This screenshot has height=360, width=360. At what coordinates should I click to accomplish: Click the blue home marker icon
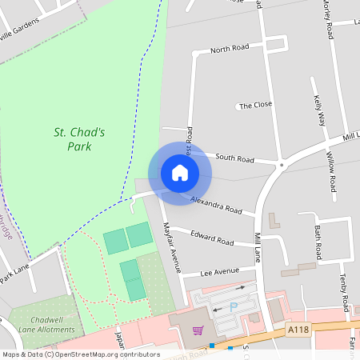179,173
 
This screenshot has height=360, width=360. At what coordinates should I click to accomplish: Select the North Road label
230,50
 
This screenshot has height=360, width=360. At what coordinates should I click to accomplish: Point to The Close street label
256,105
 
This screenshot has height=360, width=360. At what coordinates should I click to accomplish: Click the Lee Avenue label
220,271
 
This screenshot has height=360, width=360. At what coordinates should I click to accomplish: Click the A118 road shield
298,328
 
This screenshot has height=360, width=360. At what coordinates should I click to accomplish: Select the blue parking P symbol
234,306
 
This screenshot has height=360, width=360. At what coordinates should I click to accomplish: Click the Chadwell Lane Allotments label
41,323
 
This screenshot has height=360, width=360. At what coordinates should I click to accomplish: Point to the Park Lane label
14,271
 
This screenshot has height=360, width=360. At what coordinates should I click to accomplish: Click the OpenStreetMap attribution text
80,354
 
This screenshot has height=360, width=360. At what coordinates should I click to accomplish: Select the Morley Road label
328,20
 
